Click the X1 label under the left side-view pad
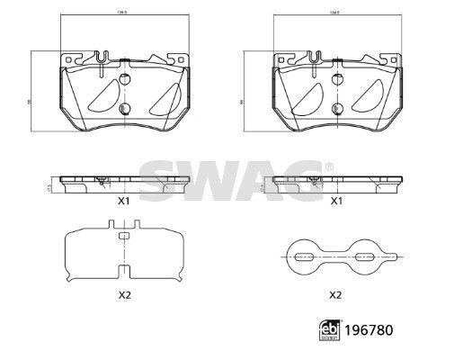[x=124, y=202]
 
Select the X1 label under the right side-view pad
[x=336, y=202]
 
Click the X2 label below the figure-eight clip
[x=335, y=293]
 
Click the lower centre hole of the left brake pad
[x=125, y=107]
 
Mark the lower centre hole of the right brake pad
[x=335, y=107]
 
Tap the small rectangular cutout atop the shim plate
[x=124, y=236]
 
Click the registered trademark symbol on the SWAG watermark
[x=328, y=166]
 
